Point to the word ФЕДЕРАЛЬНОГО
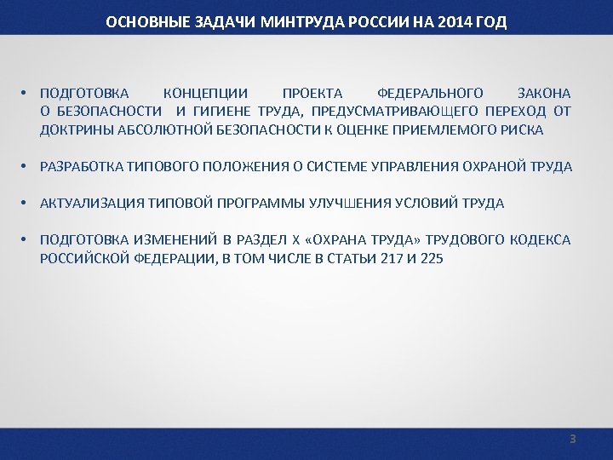[430, 93]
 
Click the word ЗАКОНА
[544, 93]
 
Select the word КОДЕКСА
[541, 240]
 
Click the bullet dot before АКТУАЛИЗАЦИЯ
[28, 204]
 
